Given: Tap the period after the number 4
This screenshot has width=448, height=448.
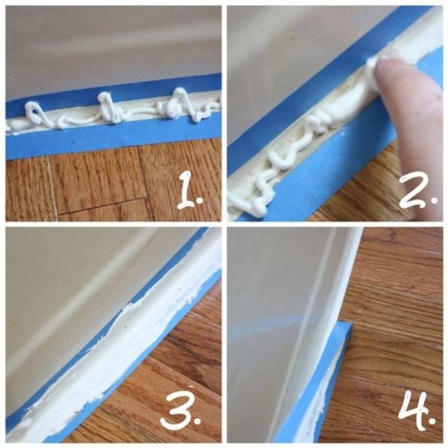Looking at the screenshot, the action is click(x=433, y=421).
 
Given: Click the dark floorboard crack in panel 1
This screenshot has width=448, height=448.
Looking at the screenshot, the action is click(x=103, y=207).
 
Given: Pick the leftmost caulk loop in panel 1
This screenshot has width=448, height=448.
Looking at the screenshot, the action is click(x=34, y=113).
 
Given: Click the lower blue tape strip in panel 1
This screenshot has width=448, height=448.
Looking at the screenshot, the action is click(x=114, y=140).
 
